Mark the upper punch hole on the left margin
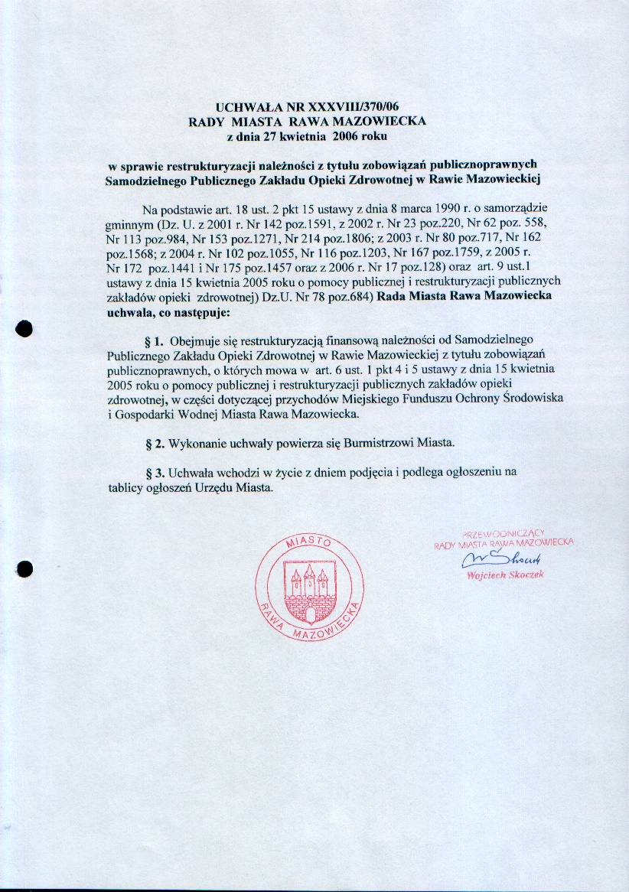25,327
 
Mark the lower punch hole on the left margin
25,568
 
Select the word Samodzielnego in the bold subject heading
143,180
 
